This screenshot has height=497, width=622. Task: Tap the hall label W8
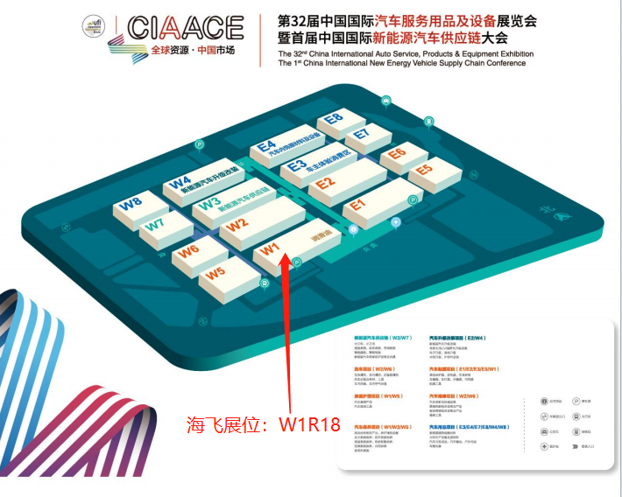click(x=131, y=204)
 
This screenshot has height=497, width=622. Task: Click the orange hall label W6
click(x=188, y=253)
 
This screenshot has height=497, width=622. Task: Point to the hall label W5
click(x=216, y=274)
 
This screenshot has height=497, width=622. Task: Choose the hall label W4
click(x=180, y=183)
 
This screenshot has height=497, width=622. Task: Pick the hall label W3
click(x=208, y=204)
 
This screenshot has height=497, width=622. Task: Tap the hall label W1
click(x=269, y=250)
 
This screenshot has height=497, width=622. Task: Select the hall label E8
click(x=333, y=119)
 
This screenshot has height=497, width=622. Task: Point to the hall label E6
click(x=397, y=155)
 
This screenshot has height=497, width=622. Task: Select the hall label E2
click(x=325, y=184)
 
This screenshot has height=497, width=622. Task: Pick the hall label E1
click(x=355, y=206)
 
